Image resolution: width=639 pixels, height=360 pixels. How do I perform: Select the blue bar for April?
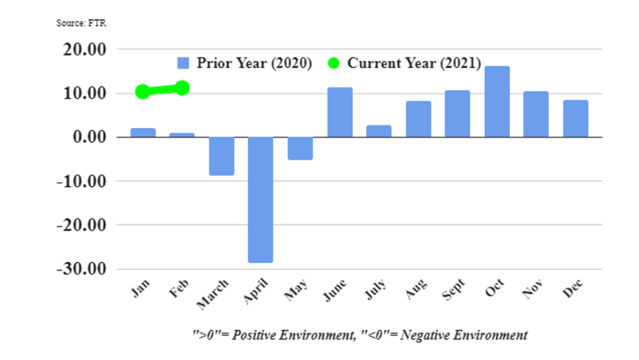coord(260,200)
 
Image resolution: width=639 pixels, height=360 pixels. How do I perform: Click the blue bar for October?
coord(496,102)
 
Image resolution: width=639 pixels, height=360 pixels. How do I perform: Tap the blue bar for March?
coord(221,156)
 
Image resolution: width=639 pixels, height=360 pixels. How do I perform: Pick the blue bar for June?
coord(339,112)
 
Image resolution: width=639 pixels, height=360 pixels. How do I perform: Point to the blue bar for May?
coord(300,148)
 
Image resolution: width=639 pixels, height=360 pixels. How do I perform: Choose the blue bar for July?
coord(378,131)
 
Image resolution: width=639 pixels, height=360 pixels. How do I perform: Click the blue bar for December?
coord(575,119)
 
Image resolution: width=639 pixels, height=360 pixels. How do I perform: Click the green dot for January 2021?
coord(143,92)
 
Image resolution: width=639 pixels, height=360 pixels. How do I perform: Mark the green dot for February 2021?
coord(183,87)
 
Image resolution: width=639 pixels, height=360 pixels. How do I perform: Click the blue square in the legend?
coord(183,63)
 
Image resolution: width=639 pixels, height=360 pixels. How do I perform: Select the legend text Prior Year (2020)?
coord(255,63)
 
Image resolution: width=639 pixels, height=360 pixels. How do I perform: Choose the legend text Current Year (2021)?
coord(414,63)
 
